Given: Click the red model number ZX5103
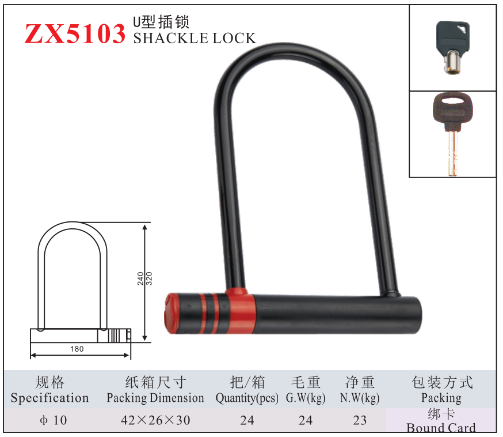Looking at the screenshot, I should point(74,35).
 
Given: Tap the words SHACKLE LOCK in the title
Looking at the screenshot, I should point(194,39).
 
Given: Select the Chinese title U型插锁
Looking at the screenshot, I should point(161,22).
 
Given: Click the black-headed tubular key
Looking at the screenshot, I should point(452,47).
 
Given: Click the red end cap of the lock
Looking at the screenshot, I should point(173,312).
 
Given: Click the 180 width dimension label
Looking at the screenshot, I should point(77,349).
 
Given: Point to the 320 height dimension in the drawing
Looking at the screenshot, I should point(148,279).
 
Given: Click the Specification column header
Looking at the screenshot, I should point(49,398).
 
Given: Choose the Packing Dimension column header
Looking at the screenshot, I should point(155,398).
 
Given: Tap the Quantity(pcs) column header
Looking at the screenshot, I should point(247,398).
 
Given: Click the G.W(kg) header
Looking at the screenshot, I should point(306,398).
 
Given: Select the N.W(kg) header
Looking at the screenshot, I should point(360,398).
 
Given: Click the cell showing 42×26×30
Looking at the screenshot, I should point(155,420).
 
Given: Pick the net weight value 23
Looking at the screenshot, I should point(360,420).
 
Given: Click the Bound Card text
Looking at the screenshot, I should point(441,427).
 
